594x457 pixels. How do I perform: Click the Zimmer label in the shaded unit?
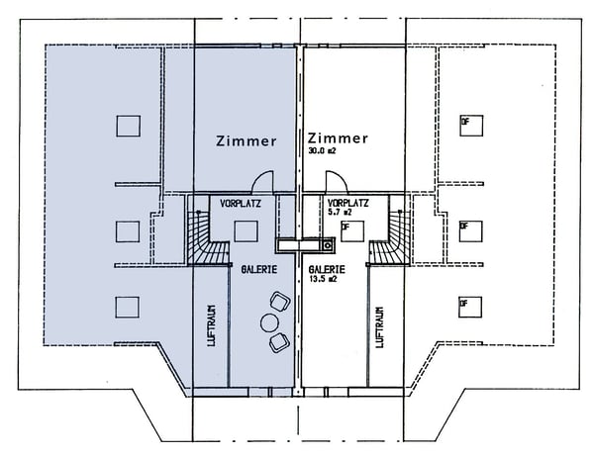[x=247, y=141]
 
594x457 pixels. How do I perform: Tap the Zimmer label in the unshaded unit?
[x=339, y=137]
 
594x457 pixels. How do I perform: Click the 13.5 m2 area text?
[x=324, y=280]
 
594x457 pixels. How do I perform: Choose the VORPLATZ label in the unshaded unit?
[x=347, y=203]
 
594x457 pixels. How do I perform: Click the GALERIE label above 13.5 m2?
[x=327, y=268]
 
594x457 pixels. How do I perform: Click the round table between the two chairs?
[x=267, y=321]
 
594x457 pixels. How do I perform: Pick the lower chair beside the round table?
[x=278, y=341]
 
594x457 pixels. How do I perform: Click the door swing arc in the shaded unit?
[x=261, y=182]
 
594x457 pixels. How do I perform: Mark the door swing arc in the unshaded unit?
[x=336, y=182]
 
